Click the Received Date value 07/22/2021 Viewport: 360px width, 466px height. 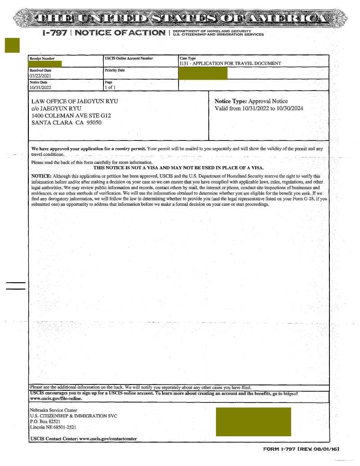pyautogui.click(x=40, y=76)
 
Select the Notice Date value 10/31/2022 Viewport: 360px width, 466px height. pyautogui.click(x=40, y=87)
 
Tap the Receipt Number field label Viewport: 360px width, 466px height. pyautogui.click(x=42, y=59)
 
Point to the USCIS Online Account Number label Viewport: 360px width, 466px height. pyautogui.click(x=129, y=59)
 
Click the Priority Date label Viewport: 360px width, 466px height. pyautogui.click(x=115, y=70)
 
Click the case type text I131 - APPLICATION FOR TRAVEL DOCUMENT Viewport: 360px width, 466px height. pyautogui.click(x=230, y=63)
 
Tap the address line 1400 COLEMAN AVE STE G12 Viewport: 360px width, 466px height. pyautogui.click(x=71, y=116)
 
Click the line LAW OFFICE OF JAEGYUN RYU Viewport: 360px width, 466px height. pyautogui.click(x=74, y=101)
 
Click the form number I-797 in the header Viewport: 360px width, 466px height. pyautogui.click(x=54, y=33)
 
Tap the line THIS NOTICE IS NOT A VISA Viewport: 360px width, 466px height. pyautogui.click(x=179, y=167)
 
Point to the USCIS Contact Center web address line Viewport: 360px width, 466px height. pyautogui.click(x=84, y=438)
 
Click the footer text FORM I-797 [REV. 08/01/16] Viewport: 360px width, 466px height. pyautogui.click(x=301, y=449)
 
